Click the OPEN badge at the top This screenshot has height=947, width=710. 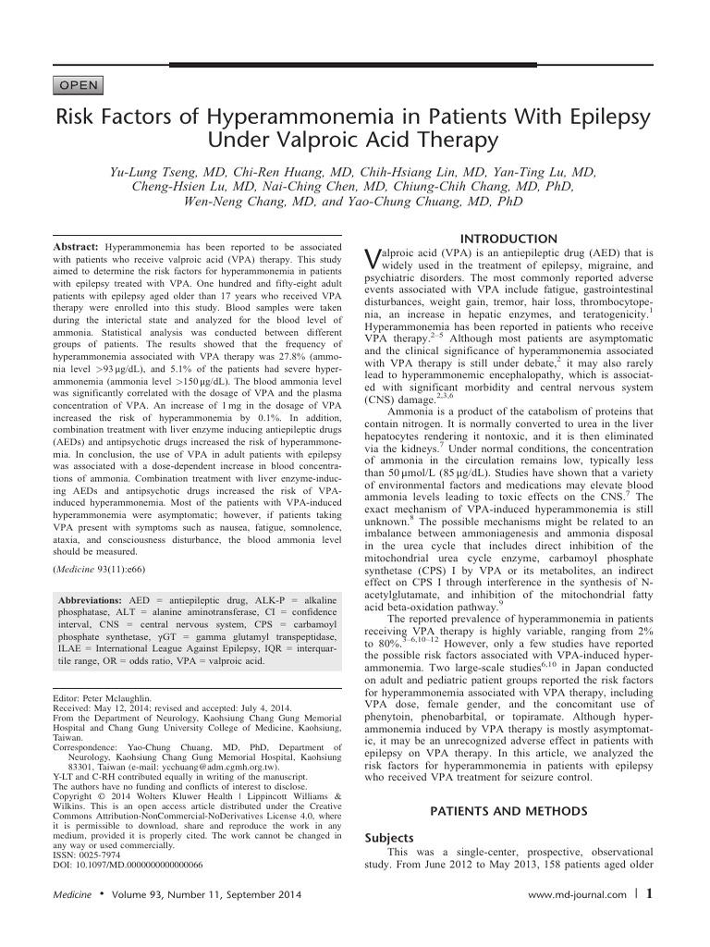[x=79, y=87]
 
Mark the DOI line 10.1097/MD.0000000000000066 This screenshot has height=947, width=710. [x=129, y=839]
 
